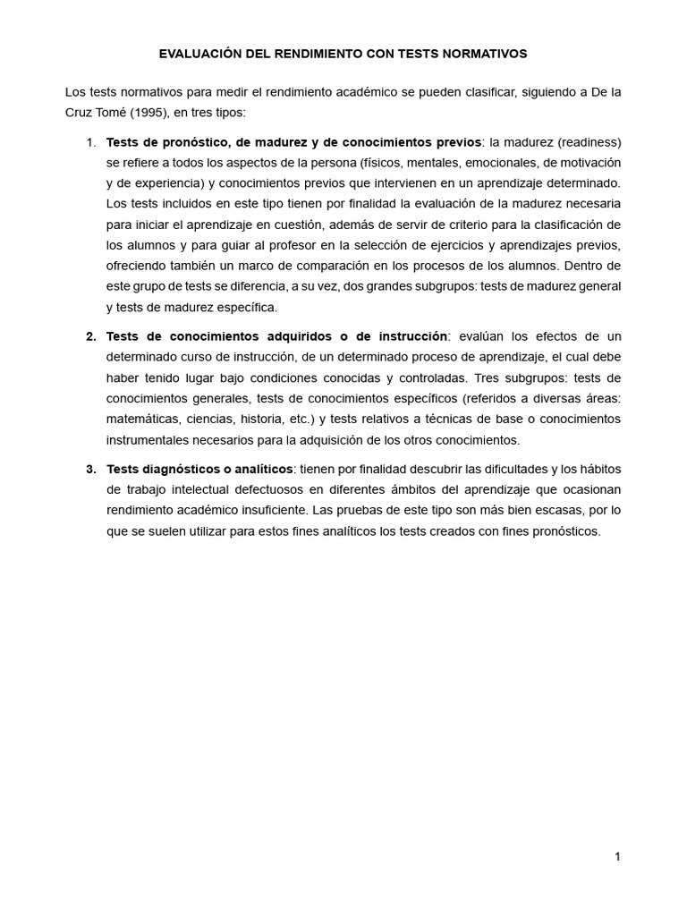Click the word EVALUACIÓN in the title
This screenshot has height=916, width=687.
pyautogui.click(x=201, y=54)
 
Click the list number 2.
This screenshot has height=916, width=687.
pyautogui.click(x=91, y=336)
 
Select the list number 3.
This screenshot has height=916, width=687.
pyautogui.click(x=91, y=469)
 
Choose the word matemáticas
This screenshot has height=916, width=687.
pyautogui.click(x=142, y=419)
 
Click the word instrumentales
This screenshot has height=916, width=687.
pyautogui.click(x=148, y=440)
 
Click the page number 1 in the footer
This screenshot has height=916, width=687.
pyautogui.click(x=617, y=857)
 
